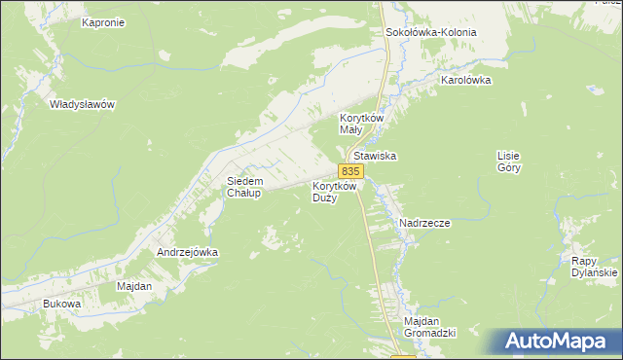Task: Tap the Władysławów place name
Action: coord(83,103)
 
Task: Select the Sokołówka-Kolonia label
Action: coord(431,32)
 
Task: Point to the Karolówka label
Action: coord(465,81)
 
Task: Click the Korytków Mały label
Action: coord(362,123)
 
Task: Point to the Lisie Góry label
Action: coord(509,162)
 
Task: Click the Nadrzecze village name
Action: coord(424,223)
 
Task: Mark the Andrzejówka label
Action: coord(188,252)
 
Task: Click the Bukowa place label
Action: coord(61,305)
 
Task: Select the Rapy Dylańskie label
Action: coord(595,267)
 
